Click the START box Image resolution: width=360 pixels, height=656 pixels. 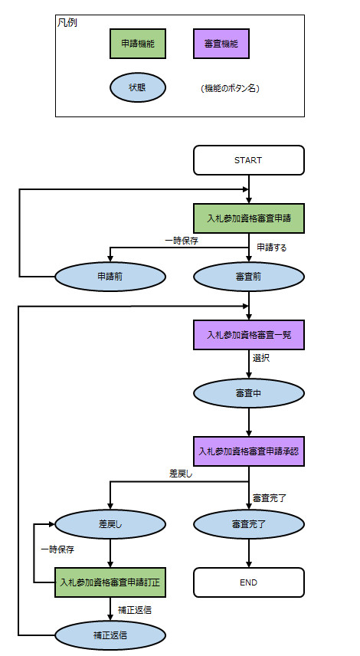tap(249, 160)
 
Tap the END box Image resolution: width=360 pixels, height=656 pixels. tap(249, 582)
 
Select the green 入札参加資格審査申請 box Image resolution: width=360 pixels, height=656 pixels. tap(249, 218)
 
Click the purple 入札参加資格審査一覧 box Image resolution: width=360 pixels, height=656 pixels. tap(249, 335)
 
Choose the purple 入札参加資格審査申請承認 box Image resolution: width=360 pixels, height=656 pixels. tap(249, 451)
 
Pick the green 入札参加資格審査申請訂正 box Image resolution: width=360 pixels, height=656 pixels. tap(110, 582)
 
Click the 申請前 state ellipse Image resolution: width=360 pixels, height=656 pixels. tap(110, 277)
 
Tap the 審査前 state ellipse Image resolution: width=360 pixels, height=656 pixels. tap(249, 277)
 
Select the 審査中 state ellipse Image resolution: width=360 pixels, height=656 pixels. tap(249, 393)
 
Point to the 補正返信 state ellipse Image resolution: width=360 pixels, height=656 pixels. tap(110, 635)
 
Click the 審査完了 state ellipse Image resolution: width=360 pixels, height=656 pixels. tap(249, 523)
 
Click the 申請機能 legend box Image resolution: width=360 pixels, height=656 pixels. tap(138, 44)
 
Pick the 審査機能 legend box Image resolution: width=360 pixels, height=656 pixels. tap(221, 44)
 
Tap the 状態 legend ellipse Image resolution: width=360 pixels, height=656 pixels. tap(138, 87)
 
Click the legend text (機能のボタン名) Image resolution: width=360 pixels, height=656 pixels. tap(230, 88)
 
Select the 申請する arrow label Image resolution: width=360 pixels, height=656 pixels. tap(272, 248)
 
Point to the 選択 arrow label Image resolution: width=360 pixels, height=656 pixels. tap(261, 358)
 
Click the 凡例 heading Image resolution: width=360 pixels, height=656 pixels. tap(67, 22)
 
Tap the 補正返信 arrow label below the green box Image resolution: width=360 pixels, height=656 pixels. tap(135, 610)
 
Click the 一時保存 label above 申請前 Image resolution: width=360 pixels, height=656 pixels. tap(182, 241)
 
